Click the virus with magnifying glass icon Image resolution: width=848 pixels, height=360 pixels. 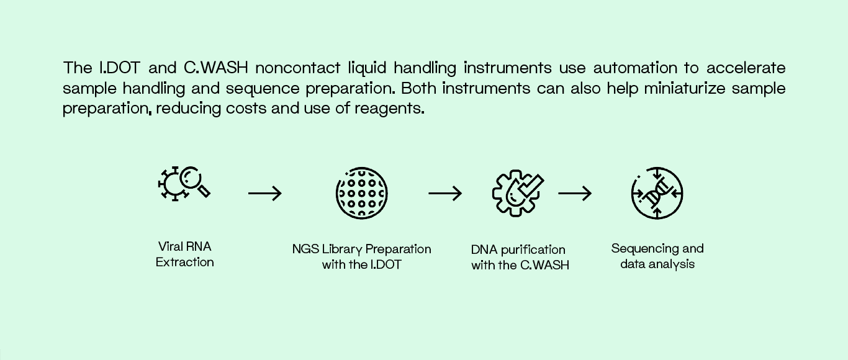click(184, 183)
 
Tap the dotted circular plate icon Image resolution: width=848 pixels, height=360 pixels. click(362, 192)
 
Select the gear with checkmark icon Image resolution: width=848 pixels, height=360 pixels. click(518, 193)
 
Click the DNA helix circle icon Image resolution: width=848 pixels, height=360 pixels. click(657, 193)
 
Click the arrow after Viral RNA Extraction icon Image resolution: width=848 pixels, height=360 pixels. click(265, 194)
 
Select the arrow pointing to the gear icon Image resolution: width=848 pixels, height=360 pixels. click(445, 194)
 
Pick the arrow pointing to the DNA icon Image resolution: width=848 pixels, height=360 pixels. click(575, 194)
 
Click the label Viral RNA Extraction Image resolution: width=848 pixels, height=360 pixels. click(185, 254)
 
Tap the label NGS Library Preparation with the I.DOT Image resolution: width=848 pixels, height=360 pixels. click(362, 257)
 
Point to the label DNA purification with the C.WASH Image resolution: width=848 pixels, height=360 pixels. click(520, 258)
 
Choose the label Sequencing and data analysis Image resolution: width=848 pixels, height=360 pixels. click(657, 256)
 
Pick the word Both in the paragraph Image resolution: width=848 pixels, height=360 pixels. click(420, 88)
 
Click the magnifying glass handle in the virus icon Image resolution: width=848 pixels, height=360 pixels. click(204, 191)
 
